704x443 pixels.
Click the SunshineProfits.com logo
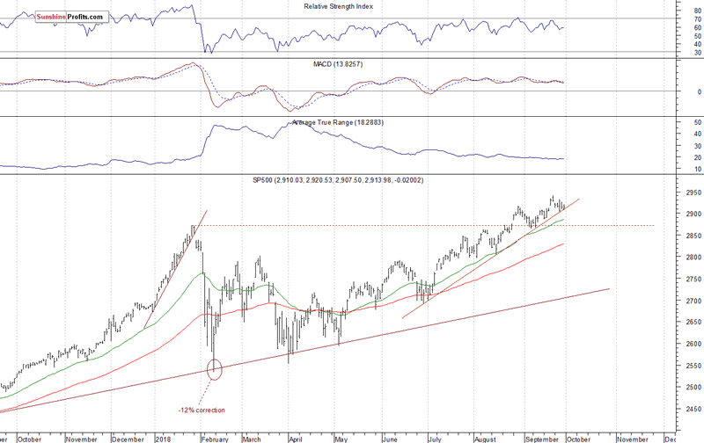[70, 16]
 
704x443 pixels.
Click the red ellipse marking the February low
[215, 368]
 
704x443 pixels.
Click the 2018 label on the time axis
[164, 437]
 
